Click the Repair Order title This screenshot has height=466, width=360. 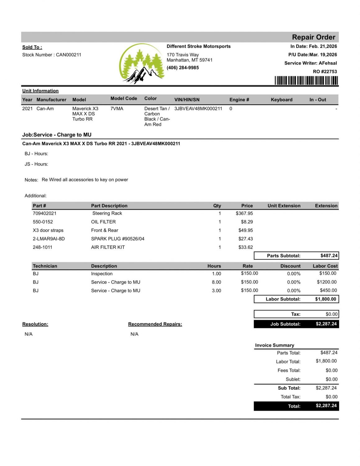(313, 37)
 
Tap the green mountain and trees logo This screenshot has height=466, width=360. (142, 64)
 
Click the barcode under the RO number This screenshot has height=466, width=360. (306, 81)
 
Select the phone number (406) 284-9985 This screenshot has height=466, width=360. (183, 68)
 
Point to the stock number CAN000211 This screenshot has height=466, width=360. (68, 55)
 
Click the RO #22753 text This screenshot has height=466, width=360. (325, 71)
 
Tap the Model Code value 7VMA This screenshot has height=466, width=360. (117, 108)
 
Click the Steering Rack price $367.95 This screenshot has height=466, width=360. (244, 213)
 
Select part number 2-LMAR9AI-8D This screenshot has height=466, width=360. (49, 239)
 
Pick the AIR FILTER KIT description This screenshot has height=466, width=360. (108, 247)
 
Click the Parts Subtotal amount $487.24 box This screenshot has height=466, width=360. (329, 256)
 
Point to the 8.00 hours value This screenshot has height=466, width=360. (216, 282)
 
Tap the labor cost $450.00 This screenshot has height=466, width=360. (328, 290)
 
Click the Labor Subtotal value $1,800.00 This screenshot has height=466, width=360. (326, 299)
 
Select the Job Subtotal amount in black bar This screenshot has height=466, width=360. (326, 324)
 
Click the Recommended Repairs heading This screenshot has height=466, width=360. (155, 324)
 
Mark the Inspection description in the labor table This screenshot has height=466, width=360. (102, 274)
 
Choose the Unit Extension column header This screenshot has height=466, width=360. (284, 206)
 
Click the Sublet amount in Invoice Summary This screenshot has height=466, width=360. (331, 379)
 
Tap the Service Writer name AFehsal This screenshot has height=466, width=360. (328, 63)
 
